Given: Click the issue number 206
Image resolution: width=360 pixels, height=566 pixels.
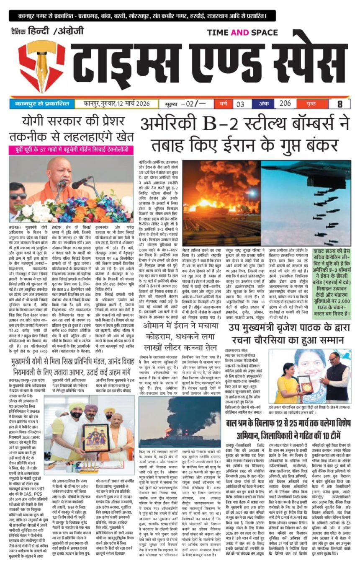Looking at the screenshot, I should coord(285,103).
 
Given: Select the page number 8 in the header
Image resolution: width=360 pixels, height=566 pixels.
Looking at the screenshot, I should coord(339,103).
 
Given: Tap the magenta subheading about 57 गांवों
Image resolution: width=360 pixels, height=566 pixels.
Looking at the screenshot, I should coord(71,150).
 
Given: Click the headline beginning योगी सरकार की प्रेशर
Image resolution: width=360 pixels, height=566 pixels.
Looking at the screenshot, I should coord(71,129).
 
